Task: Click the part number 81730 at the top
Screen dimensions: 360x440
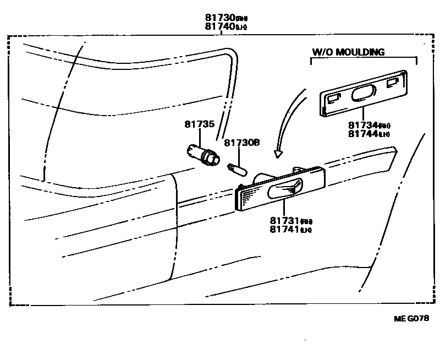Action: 217,18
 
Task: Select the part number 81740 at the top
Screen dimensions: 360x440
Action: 217,26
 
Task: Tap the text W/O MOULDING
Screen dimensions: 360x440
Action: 348,52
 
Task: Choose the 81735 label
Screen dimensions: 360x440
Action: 199,124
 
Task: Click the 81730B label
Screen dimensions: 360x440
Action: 241,143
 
